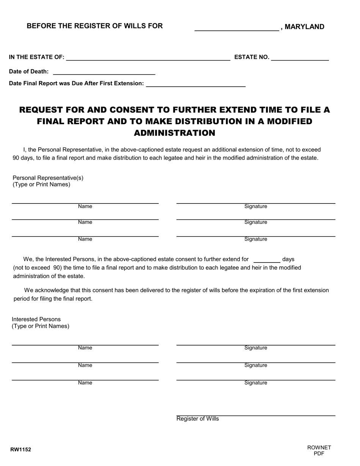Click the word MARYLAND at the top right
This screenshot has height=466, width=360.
point(304,27)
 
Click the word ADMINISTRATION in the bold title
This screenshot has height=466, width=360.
point(174,133)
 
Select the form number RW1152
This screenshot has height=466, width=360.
point(21,450)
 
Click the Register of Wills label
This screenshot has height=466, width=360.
point(197,419)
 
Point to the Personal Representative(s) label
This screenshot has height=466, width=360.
point(48,178)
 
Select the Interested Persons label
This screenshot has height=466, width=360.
point(36,319)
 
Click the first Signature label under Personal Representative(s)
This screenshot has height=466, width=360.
point(256,206)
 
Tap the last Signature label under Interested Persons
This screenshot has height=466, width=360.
point(256,383)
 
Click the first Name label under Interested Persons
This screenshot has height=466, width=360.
point(85,348)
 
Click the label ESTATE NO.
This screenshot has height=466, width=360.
point(252,57)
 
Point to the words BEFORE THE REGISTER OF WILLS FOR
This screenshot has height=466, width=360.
point(94,26)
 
